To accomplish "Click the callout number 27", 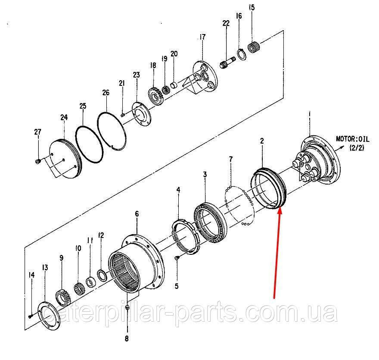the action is pyautogui.click(x=38, y=132).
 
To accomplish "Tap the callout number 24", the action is pyautogui.click(x=64, y=118).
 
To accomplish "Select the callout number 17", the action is pyautogui.click(x=202, y=37).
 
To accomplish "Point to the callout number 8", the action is pyautogui.click(x=127, y=339).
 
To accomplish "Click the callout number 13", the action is pyautogui.click(x=45, y=268).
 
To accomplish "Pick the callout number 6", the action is pyautogui.click(x=137, y=214).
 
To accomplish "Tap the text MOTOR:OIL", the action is pyautogui.click(x=353, y=139).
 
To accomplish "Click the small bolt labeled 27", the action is pyautogui.click(x=37, y=161).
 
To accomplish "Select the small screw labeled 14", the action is pyautogui.click(x=30, y=316).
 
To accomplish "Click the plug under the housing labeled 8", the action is pyautogui.click(x=127, y=307).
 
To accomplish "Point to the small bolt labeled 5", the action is pyautogui.click(x=177, y=258).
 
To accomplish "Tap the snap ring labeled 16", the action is pyautogui.click(x=241, y=54).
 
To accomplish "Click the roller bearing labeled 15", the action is pyautogui.click(x=254, y=47).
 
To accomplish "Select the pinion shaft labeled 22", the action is pyautogui.click(x=227, y=63).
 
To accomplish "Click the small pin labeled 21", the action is pyautogui.click(x=122, y=115).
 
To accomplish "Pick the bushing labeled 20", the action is pyautogui.click(x=174, y=85).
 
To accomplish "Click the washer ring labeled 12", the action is pyautogui.click(x=102, y=275).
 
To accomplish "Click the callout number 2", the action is pyautogui.click(x=262, y=141).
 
